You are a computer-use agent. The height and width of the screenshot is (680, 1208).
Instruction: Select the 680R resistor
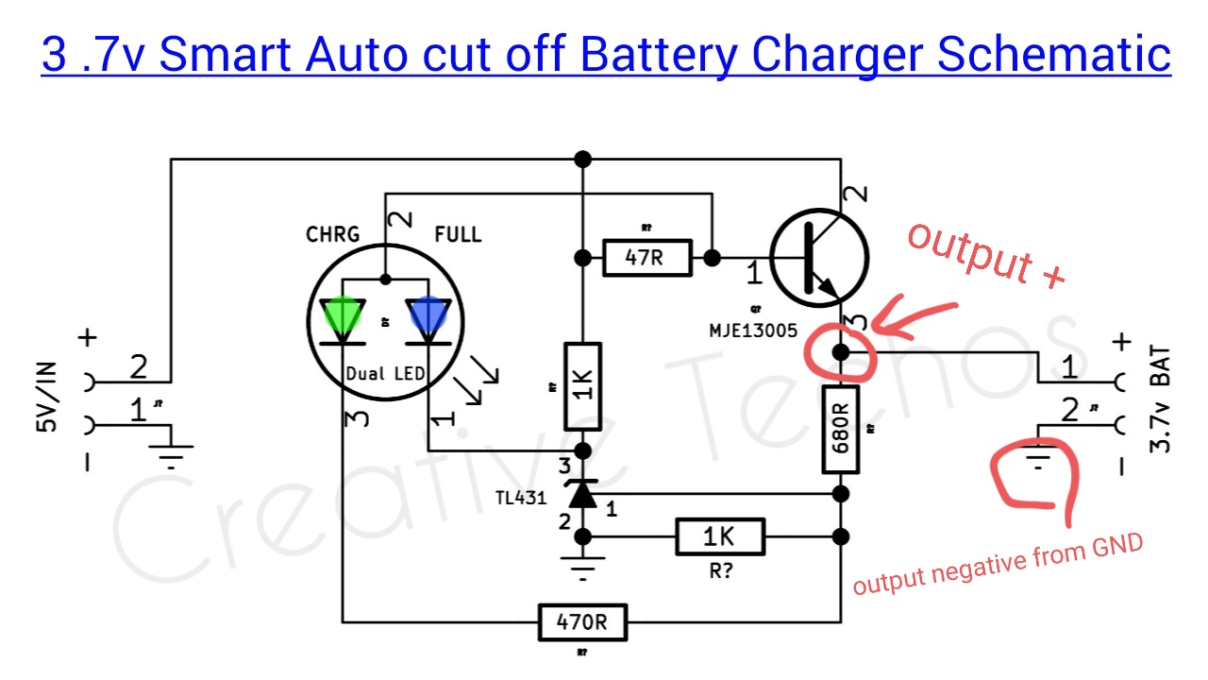pyautogui.click(x=839, y=429)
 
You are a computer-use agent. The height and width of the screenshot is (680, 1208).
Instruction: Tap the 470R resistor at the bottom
pyautogui.click(x=582, y=622)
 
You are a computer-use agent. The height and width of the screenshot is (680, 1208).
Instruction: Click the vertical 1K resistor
pyautogui.click(x=582, y=385)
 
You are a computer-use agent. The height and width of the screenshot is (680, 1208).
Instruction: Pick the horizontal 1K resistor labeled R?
pyautogui.click(x=719, y=536)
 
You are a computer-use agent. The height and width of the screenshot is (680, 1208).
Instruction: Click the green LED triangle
pyautogui.click(x=342, y=317)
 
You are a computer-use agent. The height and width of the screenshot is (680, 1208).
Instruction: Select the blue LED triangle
pyautogui.click(x=428, y=317)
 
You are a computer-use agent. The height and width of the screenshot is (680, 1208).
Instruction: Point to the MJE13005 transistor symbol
pyautogui.click(x=817, y=258)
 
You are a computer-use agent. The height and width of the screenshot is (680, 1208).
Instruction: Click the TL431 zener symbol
pyautogui.click(x=582, y=493)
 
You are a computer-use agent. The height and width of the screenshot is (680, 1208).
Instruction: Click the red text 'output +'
pyautogui.click(x=986, y=253)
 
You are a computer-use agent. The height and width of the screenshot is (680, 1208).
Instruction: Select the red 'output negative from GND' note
pyautogui.click(x=998, y=565)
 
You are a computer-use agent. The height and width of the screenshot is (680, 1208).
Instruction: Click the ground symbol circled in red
pyautogui.click(x=1038, y=464)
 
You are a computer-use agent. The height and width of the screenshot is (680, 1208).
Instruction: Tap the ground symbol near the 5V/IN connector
pyautogui.click(x=171, y=459)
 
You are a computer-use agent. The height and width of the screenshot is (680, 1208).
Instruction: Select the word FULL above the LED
pyautogui.click(x=459, y=234)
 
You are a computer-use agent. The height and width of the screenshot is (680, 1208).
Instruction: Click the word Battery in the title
pyautogui.click(x=657, y=54)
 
